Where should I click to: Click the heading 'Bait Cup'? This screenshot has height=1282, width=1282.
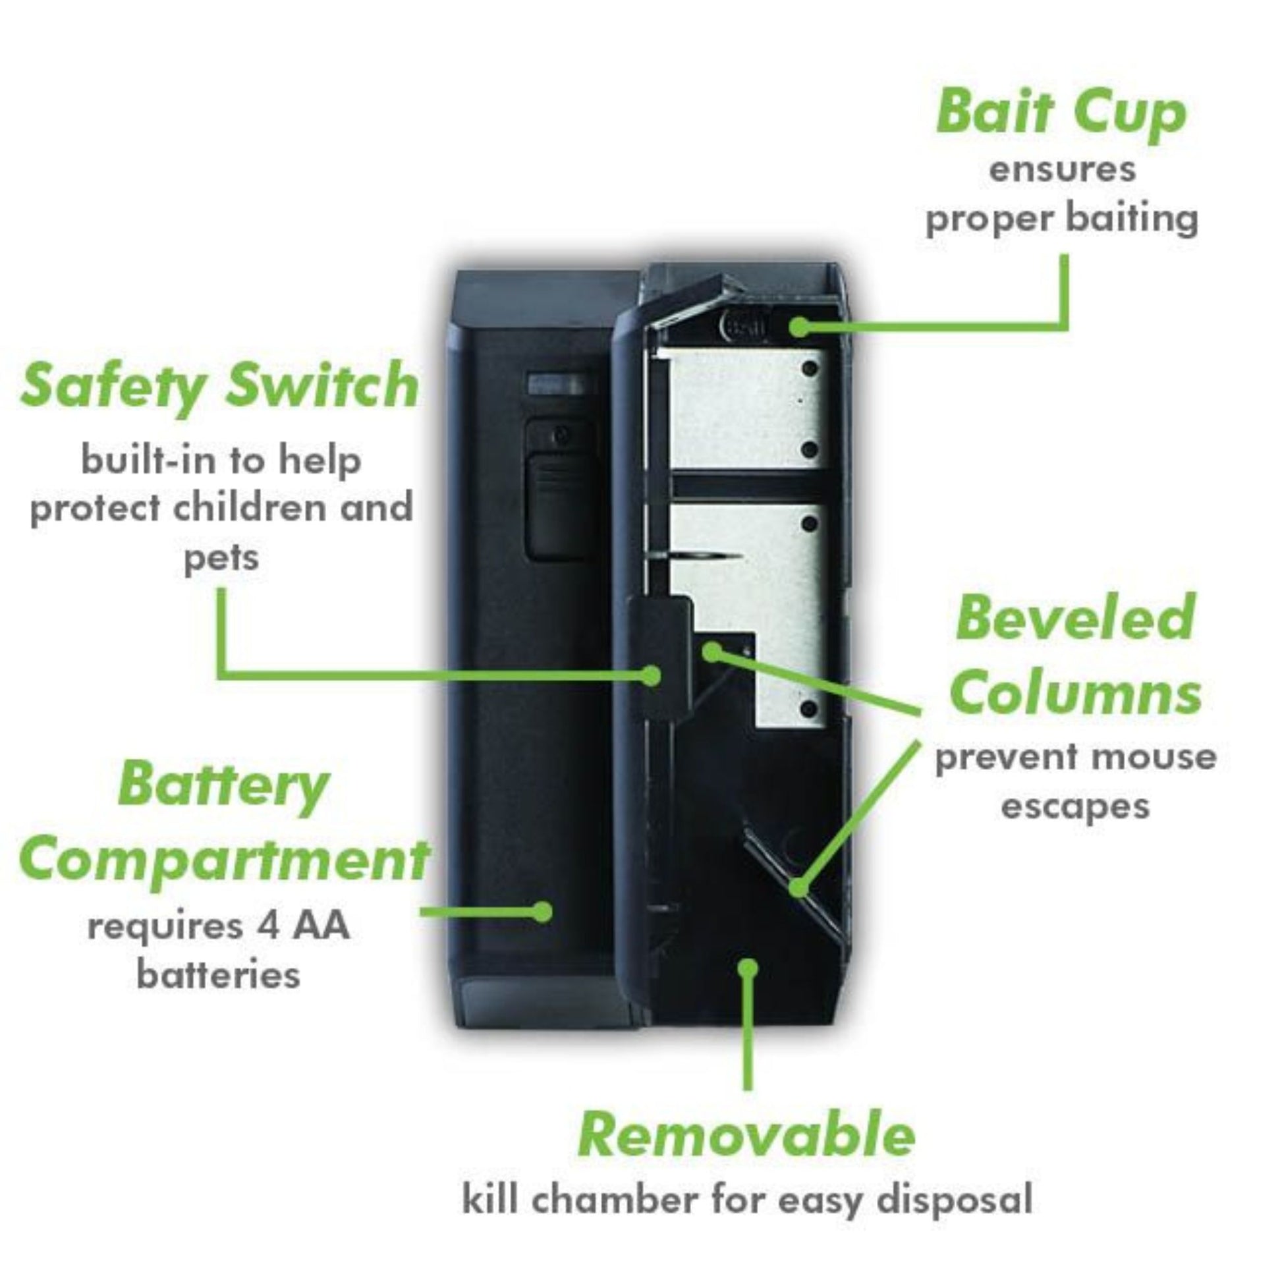[x=1061, y=113]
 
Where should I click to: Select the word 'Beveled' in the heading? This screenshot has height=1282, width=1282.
[x=1075, y=619]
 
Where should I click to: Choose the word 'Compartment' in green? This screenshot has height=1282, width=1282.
[x=224, y=860]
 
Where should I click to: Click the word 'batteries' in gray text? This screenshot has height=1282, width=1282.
[x=218, y=975]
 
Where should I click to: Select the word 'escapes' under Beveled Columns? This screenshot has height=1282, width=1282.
[x=1075, y=806]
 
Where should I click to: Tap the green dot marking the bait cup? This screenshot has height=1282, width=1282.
[x=801, y=327]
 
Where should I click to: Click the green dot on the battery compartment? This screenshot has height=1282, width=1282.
[x=543, y=911]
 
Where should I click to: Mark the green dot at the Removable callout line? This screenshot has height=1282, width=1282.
[x=748, y=966]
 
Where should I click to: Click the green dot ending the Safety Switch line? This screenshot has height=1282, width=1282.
[x=653, y=675]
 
